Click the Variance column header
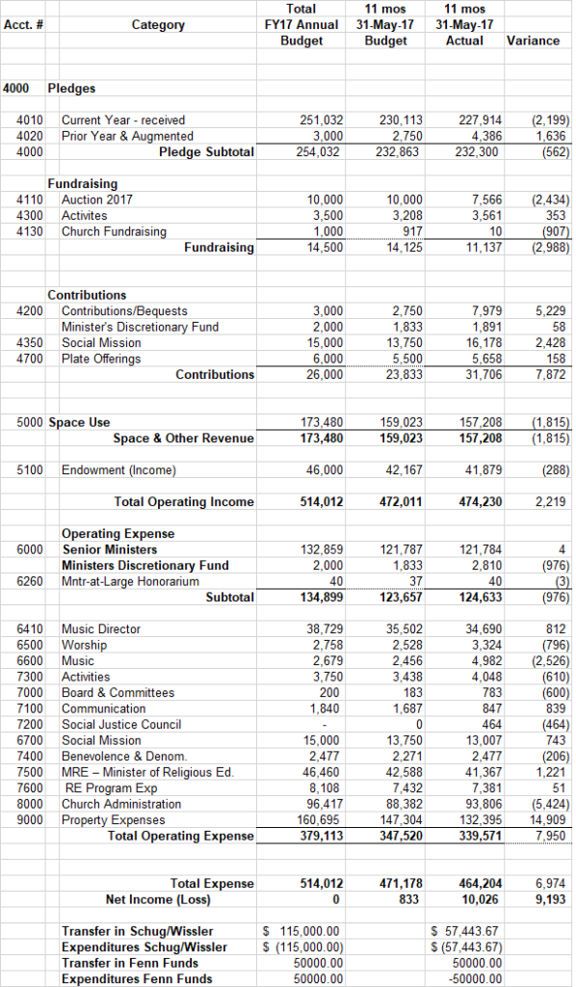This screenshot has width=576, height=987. point(533,40)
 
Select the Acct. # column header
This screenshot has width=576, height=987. point(23,25)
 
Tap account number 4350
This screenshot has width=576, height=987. point(30,343)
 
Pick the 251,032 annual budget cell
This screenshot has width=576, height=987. point(322,120)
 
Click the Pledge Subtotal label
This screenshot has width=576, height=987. point(206,152)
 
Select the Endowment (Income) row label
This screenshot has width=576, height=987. point(118,470)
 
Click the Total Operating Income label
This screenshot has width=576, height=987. point(184,502)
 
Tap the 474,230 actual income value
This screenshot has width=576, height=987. point(481,502)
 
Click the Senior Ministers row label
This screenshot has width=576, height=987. point(110,549)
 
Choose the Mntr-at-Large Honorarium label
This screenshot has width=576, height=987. point(130,581)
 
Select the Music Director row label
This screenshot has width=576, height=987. point(101,628)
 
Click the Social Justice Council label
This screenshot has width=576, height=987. point(121,725)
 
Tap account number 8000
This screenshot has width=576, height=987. point(30,805)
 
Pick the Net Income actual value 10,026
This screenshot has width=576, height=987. point(483,899)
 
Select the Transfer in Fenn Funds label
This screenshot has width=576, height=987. point(130,963)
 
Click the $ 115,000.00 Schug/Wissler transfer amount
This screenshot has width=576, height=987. point(301,932)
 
